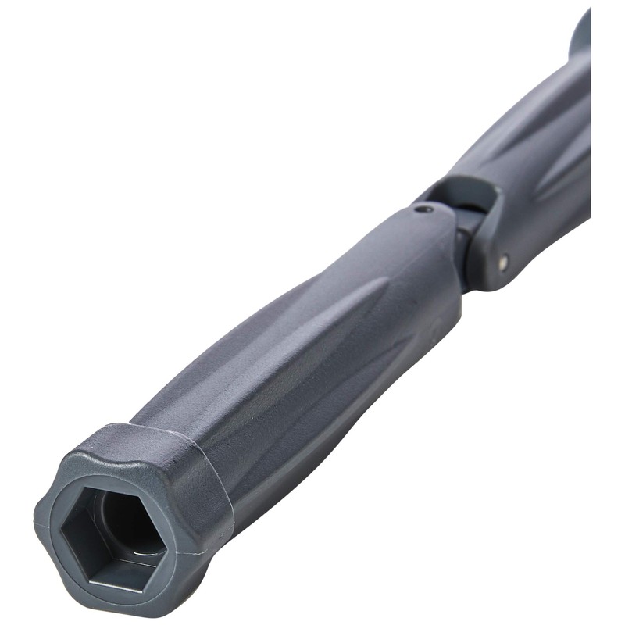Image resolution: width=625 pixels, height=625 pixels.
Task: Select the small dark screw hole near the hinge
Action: pyautogui.click(x=423, y=209)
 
